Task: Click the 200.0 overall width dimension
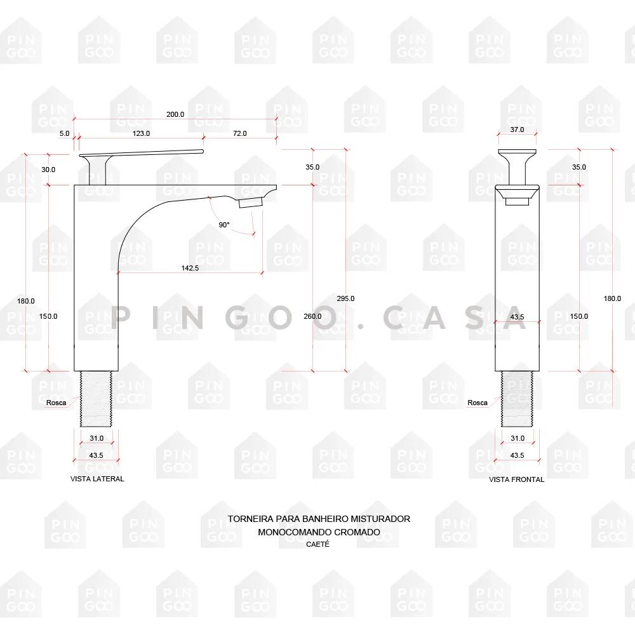[175, 114]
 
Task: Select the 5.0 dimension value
[64, 133]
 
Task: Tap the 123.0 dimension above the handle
[141, 133]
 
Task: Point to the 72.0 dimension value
[239, 133]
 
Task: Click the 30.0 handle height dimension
[48, 170]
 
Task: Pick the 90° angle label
[224, 225]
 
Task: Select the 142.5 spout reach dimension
[190, 268]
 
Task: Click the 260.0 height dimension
[312, 316]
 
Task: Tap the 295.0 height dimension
[346, 298]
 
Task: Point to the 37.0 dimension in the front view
[517, 130]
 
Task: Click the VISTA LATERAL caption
[97, 479]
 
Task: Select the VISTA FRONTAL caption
[516, 479]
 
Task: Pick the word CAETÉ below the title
[318, 544]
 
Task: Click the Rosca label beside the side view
[56, 402]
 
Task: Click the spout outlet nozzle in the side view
[251, 203]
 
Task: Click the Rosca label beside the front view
[478, 403]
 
